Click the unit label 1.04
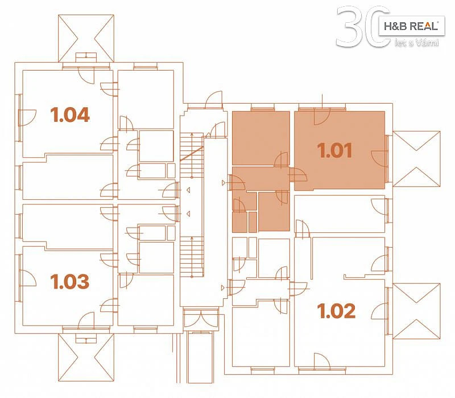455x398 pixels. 70,114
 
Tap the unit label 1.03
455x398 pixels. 69,281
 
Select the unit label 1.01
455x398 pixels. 334,150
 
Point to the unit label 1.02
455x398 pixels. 336,311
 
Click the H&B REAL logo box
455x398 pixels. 411,26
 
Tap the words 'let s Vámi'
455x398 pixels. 416,43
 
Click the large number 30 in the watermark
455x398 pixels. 363,27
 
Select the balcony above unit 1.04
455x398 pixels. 86,38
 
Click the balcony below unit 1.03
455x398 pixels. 86,357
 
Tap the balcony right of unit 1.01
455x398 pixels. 416,159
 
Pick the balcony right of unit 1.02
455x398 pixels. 416,311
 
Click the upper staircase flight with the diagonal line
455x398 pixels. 192,155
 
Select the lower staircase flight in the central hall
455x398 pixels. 192,257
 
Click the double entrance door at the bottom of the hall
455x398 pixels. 201,319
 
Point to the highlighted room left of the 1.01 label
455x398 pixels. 261,138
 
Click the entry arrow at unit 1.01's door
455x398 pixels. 223,183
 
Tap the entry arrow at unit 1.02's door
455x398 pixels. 223,288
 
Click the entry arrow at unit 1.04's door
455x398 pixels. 188,190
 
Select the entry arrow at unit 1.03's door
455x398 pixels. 188,214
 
